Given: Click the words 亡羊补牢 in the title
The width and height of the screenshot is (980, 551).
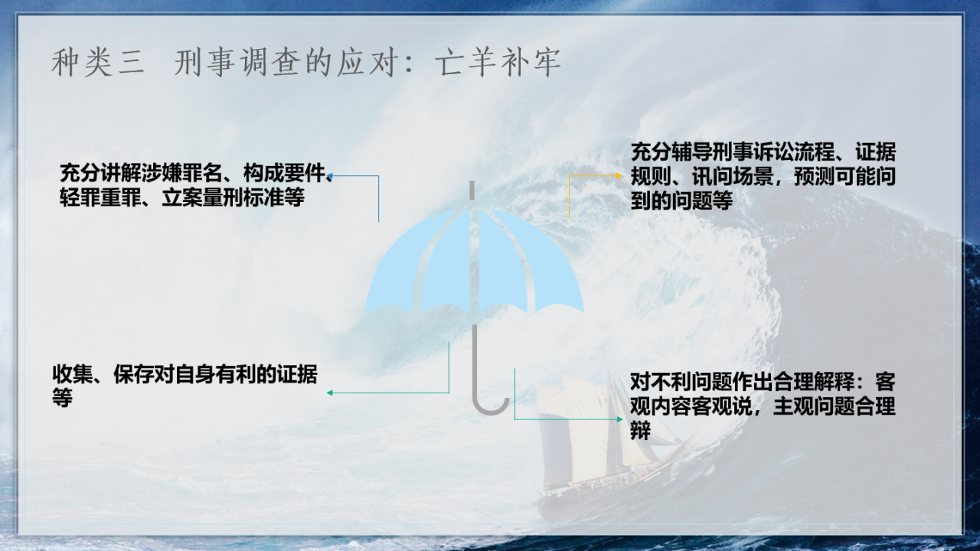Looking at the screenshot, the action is click(x=498, y=63).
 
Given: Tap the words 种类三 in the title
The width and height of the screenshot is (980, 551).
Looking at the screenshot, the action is click(x=97, y=63).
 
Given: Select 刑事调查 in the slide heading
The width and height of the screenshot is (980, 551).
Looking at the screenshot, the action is click(x=237, y=63).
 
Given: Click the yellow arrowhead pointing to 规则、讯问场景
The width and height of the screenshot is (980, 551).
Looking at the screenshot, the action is click(x=619, y=176).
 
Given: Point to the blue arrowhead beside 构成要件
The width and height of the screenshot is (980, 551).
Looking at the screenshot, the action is click(x=330, y=176).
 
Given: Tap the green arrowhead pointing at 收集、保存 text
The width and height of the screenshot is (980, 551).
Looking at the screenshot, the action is click(x=330, y=393).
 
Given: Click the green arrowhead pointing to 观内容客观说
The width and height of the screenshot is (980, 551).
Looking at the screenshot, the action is click(x=619, y=419).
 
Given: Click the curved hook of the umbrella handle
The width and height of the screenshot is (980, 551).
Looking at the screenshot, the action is click(x=491, y=406).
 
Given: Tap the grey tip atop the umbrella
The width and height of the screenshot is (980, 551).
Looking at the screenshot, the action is click(x=472, y=191).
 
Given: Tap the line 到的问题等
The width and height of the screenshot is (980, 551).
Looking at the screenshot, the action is click(x=681, y=201).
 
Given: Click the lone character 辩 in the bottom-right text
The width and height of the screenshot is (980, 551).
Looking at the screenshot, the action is click(x=641, y=430).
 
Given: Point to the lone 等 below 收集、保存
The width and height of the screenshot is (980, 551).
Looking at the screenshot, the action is click(x=62, y=398).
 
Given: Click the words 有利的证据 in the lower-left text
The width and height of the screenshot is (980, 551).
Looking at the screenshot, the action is click(x=266, y=374).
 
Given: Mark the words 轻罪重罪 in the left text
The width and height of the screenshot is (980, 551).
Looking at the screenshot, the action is click(x=100, y=197).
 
